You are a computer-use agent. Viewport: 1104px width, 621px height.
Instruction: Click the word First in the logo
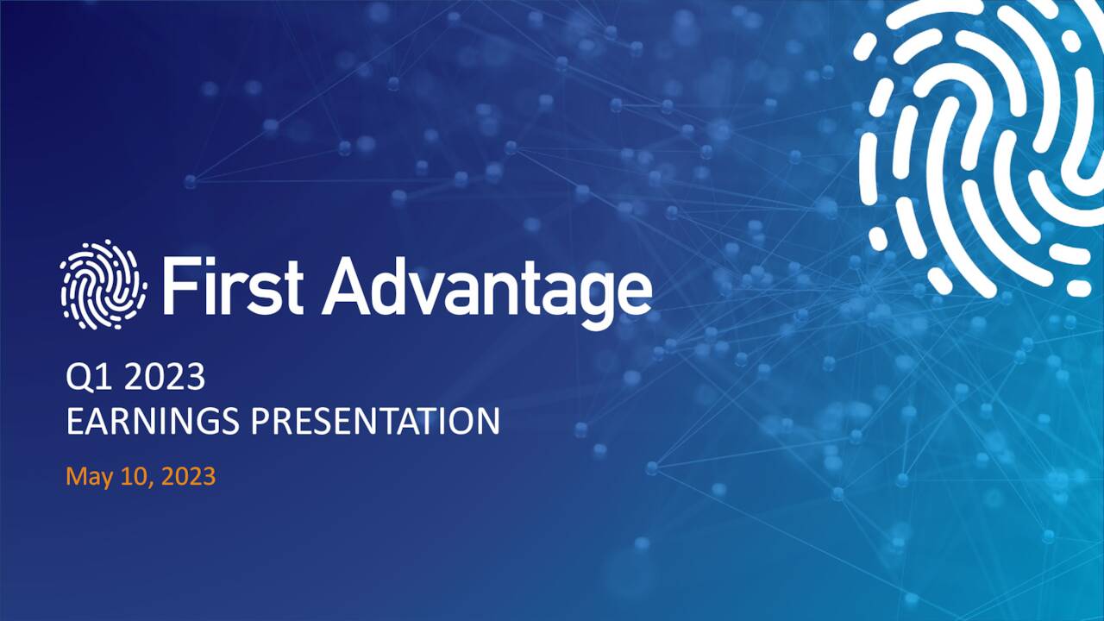tap(231, 285)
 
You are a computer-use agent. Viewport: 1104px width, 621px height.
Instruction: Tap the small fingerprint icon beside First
tap(103, 285)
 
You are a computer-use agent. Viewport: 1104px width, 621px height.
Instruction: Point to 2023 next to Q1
tap(164, 378)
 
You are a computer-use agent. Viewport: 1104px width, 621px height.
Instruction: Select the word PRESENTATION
tap(375, 421)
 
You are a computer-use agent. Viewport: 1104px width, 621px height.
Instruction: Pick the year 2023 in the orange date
tap(188, 476)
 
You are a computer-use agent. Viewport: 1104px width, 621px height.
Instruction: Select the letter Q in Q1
tap(78, 379)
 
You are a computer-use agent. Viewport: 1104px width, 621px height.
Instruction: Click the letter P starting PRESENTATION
tap(260, 421)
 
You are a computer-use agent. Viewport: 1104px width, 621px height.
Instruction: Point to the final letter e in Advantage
tap(633, 294)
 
